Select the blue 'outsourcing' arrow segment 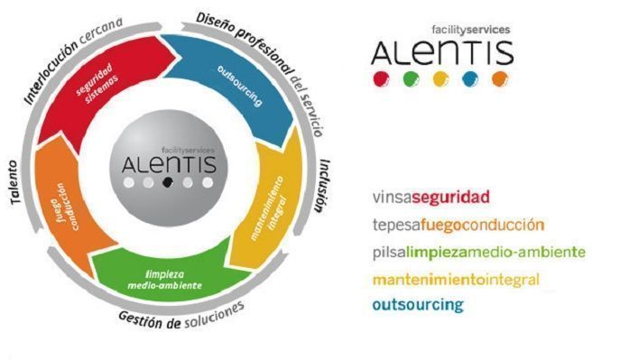point(241,87)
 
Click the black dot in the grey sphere point(168,182)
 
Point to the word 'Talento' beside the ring point(14,182)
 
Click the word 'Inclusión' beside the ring point(323,185)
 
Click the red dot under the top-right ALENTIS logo point(381,78)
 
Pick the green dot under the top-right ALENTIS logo point(411,79)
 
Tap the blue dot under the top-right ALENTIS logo point(470,79)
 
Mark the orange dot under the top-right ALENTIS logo point(500,79)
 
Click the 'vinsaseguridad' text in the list point(431,198)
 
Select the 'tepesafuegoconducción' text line point(458,225)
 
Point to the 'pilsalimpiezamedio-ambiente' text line point(479,253)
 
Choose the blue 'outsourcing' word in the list point(418,305)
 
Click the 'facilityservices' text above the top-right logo point(471,30)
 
